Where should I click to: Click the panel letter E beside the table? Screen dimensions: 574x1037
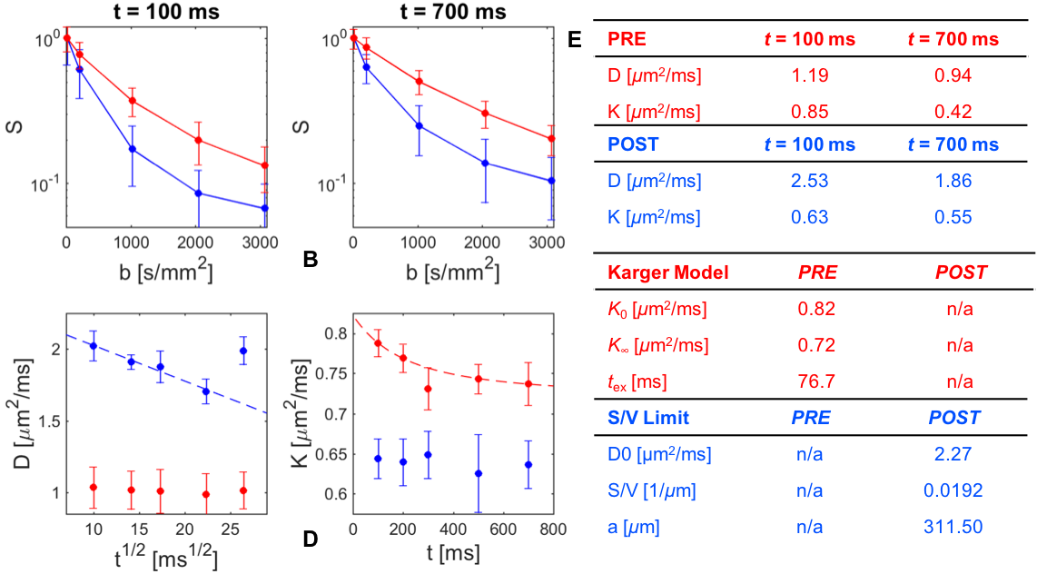575,41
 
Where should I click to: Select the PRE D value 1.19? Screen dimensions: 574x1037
808,76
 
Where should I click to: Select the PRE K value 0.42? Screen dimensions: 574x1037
953,113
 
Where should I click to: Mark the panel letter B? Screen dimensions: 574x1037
310,262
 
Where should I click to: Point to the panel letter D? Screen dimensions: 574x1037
310,539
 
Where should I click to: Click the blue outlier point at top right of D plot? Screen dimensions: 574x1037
242,351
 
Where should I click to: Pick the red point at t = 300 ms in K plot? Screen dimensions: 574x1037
428,389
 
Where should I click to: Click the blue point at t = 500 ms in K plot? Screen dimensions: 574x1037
479,473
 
